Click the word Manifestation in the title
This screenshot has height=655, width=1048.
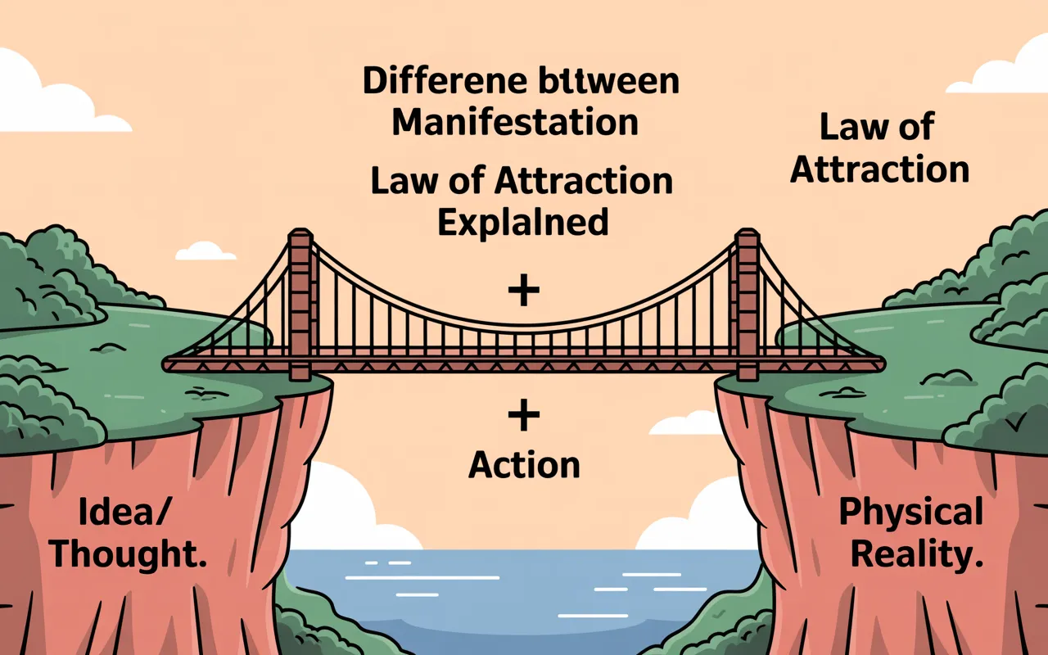[515, 122]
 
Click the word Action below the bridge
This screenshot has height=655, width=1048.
[524, 465]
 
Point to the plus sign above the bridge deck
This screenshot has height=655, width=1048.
[524, 291]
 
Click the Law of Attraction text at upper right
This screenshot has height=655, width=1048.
[879, 149]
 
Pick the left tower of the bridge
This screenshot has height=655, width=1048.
[300, 303]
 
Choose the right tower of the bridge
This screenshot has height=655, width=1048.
[747, 303]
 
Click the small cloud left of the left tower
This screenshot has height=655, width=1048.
[205, 251]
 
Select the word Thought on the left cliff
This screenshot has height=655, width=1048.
[127, 555]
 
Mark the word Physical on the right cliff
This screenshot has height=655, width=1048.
[910, 513]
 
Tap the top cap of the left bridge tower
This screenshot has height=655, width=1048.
[300, 236]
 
